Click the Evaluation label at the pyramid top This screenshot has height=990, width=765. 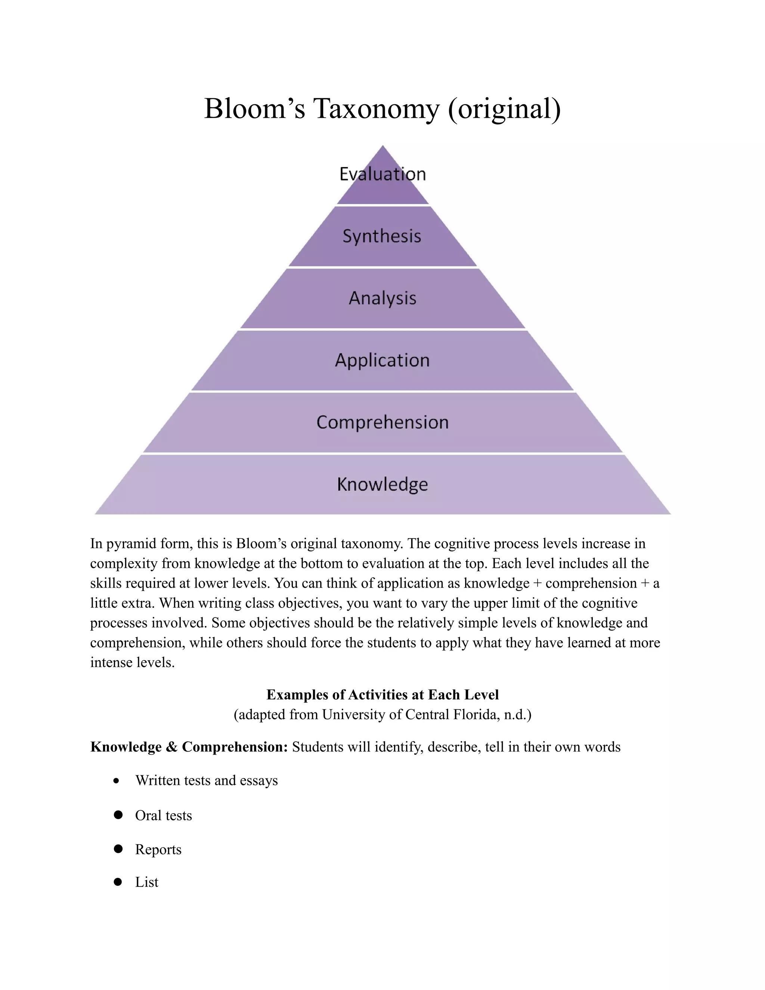coord(382,174)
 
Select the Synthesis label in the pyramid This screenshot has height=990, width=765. coord(382,236)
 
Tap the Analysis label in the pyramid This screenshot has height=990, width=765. coord(382,298)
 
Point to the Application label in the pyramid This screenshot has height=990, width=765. coord(382,361)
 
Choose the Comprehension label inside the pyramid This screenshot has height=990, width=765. coord(382,423)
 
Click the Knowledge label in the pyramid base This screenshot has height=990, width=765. coord(382,484)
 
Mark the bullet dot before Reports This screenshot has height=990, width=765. coord(118,848)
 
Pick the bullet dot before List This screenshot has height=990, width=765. coord(118,882)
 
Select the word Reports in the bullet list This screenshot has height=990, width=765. coord(158,850)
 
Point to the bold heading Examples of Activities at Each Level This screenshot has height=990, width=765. coord(382,694)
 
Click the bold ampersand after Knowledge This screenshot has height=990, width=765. coord(171,747)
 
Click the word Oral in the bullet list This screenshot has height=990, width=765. coord(148,816)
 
